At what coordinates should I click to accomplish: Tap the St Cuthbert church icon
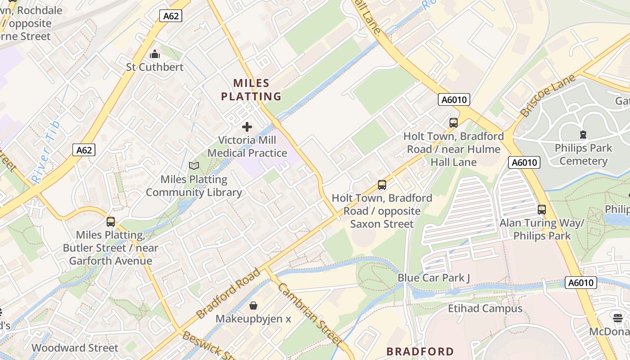(155, 54)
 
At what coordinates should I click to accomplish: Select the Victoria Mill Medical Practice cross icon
(247, 127)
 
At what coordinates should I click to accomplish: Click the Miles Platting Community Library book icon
(194, 166)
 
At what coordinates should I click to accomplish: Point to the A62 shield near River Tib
(84, 150)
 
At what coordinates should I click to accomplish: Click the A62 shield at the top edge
(171, 16)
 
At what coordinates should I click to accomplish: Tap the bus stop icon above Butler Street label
(111, 221)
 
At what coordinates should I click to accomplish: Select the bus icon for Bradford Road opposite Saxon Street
(382, 184)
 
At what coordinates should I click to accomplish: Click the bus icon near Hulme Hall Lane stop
(453, 122)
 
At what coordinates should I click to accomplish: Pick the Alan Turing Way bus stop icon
(542, 209)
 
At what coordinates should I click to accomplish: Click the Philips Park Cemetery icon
(583, 135)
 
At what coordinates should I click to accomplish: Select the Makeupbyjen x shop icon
(253, 306)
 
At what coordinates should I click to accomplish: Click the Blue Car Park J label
(433, 278)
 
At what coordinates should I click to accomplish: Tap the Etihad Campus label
(485, 308)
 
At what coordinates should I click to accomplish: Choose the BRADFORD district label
(420, 351)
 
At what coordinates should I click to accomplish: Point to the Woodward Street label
(75, 348)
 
